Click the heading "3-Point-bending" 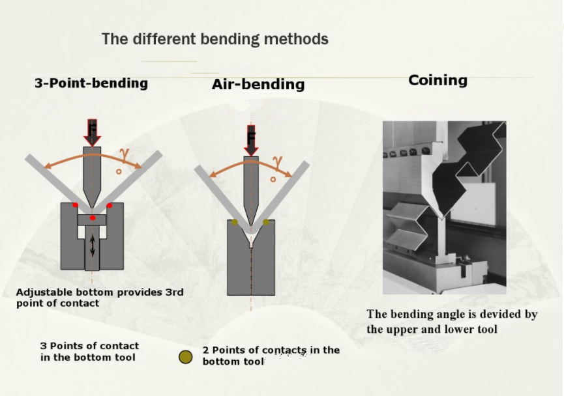tap(91, 83)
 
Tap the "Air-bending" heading tap(258, 85)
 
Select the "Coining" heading tap(438, 81)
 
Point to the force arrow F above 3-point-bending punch tap(92, 133)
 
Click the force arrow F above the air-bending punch tap(251, 141)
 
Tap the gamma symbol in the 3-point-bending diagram tap(125, 155)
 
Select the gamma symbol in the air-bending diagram tap(277, 162)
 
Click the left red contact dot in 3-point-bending tap(75, 205)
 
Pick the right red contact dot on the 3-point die tap(110, 206)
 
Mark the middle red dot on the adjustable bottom tap(93, 218)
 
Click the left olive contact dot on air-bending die tap(235, 222)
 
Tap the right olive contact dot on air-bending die tap(266, 222)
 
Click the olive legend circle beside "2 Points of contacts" tap(186, 357)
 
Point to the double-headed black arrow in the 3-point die tap(93, 246)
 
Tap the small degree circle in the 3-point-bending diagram tap(119, 172)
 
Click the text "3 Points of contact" tap(89, 346)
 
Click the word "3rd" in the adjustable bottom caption tap(175, 292)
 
